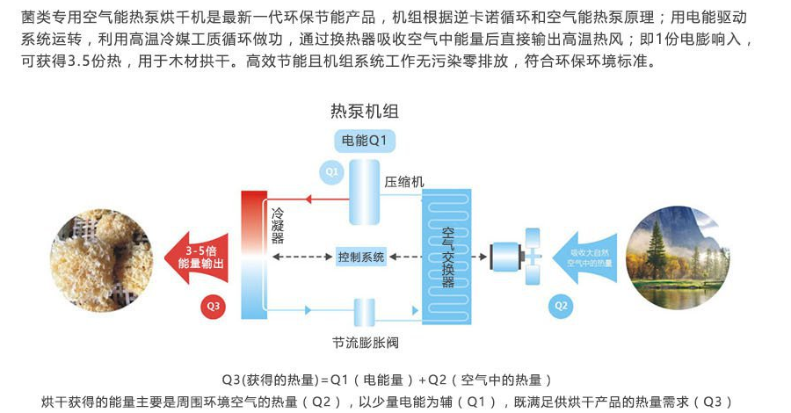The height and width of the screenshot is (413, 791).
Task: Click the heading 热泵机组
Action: point(364,112)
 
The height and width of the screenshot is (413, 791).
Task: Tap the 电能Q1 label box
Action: point(364,140)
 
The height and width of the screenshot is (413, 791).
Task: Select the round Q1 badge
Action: point(330,172)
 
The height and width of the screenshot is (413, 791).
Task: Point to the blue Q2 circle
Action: point(562,305)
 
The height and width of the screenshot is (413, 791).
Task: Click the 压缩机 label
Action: point(403,182)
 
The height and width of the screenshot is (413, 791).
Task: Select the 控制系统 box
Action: point(361,257)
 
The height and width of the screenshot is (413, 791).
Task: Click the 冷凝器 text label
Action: point(278,226)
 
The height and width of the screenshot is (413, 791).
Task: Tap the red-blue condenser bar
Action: point(254,255)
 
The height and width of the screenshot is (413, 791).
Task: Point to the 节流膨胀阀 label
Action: point(365,341)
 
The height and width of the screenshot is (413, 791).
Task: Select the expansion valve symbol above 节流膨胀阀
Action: point(364,312)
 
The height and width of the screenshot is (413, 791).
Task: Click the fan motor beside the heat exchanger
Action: point(505,257)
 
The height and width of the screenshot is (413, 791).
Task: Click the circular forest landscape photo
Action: point(678,257)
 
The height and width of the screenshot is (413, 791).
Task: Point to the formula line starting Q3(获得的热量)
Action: point(387,380)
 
